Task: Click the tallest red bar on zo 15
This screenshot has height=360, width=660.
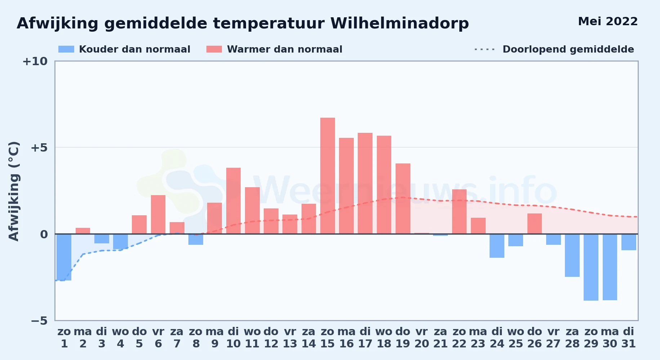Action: click(327, 176)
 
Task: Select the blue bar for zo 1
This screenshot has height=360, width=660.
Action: click(64, 257)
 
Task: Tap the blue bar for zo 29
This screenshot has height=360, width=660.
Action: click(591, 267)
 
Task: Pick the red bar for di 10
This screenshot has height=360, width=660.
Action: click(233, 201)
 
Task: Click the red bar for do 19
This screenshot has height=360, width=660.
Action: click(403, 199)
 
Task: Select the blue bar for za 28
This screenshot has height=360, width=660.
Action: click(572, 255)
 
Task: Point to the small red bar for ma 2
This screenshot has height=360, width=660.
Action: click(83, 231)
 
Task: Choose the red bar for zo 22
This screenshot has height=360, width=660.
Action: click(459, 212)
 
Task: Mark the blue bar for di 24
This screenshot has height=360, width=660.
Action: click(497, 246)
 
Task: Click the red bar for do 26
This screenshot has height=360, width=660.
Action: click(535, 224)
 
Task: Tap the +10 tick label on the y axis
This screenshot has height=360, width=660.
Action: click(35, 61)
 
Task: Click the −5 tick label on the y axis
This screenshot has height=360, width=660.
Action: click(39, 320)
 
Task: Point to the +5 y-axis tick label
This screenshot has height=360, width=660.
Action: click(39, 148)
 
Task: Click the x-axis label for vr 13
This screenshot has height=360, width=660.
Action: click(290, 338)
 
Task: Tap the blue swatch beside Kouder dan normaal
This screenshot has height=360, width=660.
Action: click(66, 49)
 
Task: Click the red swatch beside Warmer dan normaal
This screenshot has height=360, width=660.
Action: click(214, 49)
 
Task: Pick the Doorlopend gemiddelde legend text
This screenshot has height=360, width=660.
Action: click(568, 49)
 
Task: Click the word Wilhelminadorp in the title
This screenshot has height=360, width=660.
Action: click(400, 23)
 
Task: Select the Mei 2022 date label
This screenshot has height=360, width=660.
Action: click(608, 22)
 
